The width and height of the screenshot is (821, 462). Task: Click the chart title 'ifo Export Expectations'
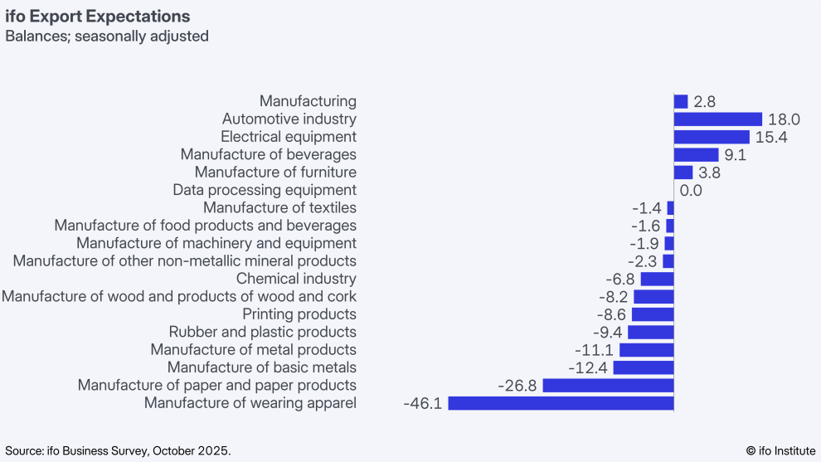click(x=98, y=17)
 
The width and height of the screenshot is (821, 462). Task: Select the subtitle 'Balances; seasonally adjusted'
click(x=107, y=36)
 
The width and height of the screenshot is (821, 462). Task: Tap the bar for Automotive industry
click(x=717, y=119)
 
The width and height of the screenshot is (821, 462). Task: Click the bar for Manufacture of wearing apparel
click(x=561, y=403)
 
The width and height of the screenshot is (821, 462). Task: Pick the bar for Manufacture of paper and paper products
click(x=608, y=386)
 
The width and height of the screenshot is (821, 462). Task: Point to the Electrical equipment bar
click(x=712, y=137)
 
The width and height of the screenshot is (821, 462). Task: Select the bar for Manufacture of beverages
click(x=696, y=155)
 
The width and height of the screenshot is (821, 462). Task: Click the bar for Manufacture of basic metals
click(x=644, y=367)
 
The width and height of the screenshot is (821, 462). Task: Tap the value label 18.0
click(x=783, y=119)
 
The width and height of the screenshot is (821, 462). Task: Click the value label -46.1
click(x=423, y=404)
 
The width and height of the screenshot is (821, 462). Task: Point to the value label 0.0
click(x=691, y=191)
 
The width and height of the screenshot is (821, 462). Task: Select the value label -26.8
click(x=518, y=386)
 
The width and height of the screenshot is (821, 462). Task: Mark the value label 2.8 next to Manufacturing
click(x=704, y=102)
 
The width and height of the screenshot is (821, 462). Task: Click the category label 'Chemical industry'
click(x=296, y=279)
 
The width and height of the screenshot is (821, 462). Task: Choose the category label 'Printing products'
click(x=299, y=314)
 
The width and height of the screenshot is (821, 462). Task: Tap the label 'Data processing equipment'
click(x=265, y=190)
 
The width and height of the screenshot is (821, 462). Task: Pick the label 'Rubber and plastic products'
click(x=262, y=332)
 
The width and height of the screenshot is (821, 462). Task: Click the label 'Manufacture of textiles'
click(x=279, y=208)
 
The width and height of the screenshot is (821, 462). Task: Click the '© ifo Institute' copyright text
click(x=780, y=450)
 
